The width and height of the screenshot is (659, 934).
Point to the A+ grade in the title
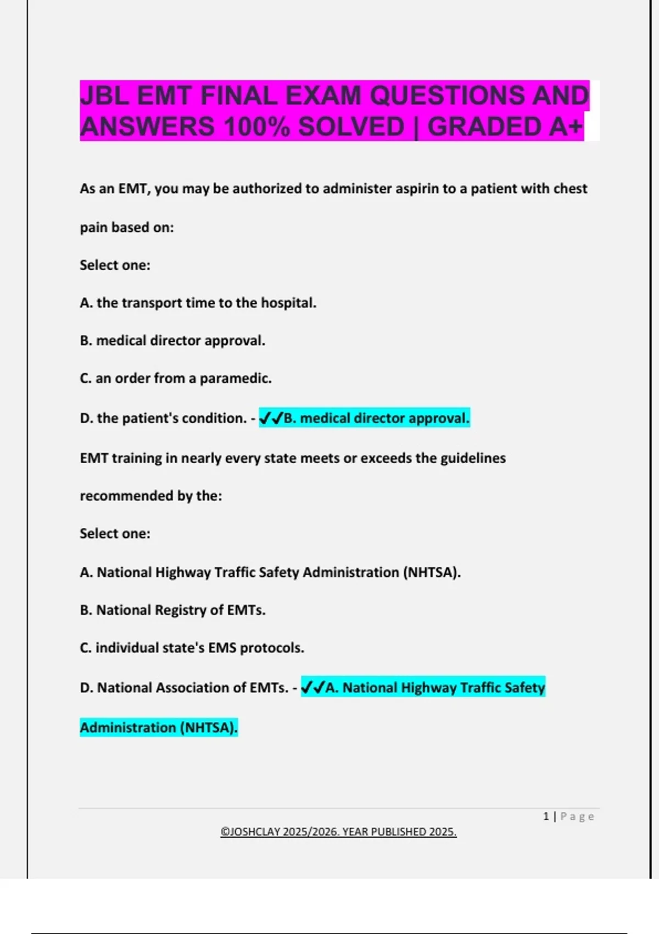(x=565, y=127)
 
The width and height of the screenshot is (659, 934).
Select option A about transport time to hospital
(x=198, y=303)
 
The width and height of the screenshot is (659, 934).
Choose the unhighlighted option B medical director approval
(x=172, y=341)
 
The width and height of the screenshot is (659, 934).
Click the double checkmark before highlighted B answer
(x=271, y=419)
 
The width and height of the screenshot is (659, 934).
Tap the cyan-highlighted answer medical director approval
(x=377, y=419)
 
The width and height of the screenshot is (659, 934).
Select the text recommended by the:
(x=151, y=496)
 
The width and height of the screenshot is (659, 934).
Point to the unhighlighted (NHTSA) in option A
(x=432, y=572)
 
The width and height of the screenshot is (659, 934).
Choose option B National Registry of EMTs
(x=172, y=610)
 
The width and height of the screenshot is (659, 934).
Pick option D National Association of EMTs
(x=184, y=688)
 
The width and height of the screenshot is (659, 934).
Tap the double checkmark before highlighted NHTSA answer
(x=313, y=688)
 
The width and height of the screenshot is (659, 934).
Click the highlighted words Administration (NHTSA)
(x=159, y=728)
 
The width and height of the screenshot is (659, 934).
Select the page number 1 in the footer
(x=546, y=816)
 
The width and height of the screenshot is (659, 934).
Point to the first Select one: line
(x=115, y=265)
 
